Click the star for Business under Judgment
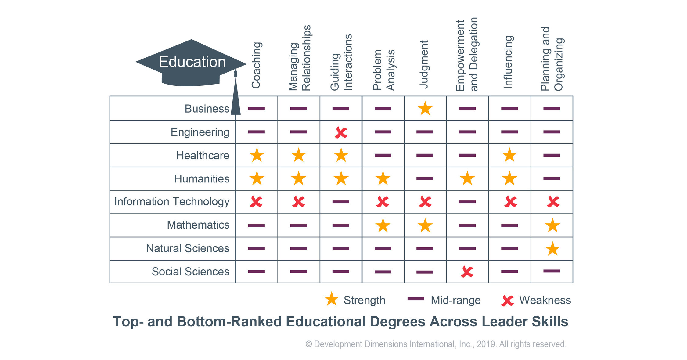(425, 109)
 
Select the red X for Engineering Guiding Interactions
(341, 132)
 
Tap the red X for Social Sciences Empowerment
(467, 272)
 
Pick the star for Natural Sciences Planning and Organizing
(552, 249)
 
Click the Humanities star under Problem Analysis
(383, 178)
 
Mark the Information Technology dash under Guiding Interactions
(341, 202)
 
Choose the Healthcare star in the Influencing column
(509, 155)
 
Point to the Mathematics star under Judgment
(425, 226)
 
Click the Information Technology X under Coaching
(256, 202)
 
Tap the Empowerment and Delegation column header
(466, 54)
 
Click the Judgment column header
(424, 64)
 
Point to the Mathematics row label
(198, 225)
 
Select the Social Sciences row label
(190, 272)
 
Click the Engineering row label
(200, 132)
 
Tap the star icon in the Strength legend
(331, 299)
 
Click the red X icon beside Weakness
(507, 301)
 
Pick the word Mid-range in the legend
(455, 301)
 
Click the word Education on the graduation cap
(192, 62)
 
